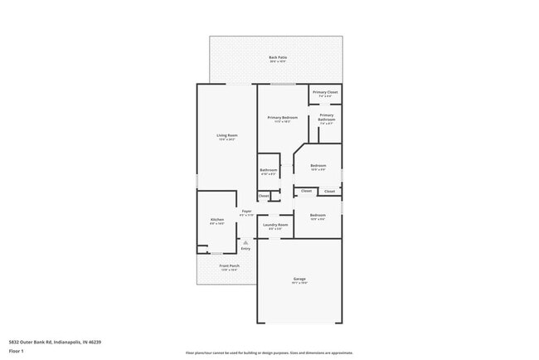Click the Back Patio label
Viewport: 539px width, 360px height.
click(276, 58)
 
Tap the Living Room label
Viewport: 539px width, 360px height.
click(226, 136)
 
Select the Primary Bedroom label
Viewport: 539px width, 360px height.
click(282, 119)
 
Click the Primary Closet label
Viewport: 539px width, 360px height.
click(326, 94)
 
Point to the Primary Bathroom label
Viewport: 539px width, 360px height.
click(326, 117)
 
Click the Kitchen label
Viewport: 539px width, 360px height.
click(216, 220)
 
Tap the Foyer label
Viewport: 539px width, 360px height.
click(246, 212)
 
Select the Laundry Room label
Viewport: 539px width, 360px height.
click(275, 225)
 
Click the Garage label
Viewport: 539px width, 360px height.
click(299, 280)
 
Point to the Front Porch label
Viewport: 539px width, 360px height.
click(229, 266)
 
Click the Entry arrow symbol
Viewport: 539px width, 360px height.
click(245, 241)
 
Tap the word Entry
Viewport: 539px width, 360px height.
click(245, 249)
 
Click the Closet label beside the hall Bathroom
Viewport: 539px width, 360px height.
click(264, 196)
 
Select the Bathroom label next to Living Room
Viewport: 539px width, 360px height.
click(269, 171)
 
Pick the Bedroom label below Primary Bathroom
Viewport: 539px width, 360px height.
click(318, 166)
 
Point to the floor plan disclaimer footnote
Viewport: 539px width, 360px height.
click(269, 353)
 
